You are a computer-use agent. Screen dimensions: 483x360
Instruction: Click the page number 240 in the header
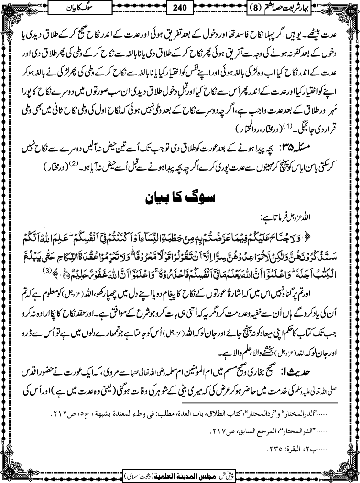(x=180, y=8)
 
